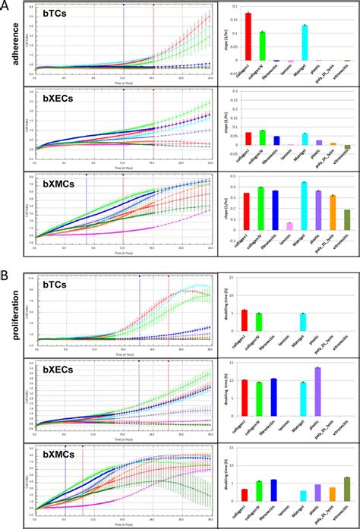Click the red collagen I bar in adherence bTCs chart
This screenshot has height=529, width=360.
click(x=248, y=36)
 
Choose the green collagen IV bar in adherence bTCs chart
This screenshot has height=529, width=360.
click(x=262, y=46)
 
